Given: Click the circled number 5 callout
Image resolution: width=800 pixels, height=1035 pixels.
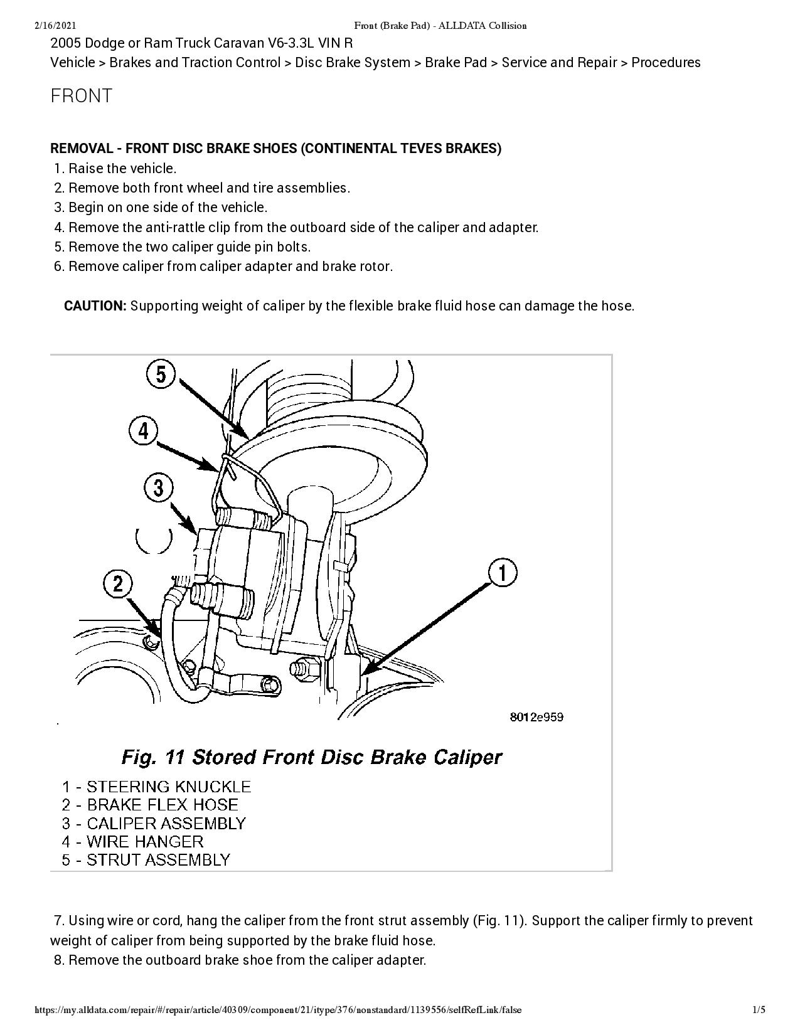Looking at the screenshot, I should pyautogui.click(x=161, y=374).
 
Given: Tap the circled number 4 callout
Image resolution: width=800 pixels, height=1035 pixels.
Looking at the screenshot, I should pyautogui.click(x=144, y=431).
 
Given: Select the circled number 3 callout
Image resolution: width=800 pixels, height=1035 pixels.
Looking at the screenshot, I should pyautogui.click(x=158, y=487).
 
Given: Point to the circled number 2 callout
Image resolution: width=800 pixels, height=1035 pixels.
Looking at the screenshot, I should pyautogui.click(x=118, y=584).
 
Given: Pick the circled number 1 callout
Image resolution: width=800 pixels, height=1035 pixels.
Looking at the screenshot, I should pyautogui.click(x=503, y=573).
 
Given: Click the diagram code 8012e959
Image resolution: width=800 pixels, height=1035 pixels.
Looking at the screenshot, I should pyautogui.click(x=536, y=717).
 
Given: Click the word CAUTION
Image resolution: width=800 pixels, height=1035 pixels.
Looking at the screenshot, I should pyautogui.click(x=95, y=306).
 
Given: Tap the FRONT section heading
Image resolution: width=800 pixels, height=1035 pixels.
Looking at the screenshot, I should pyautogui.click(x=81, y=96).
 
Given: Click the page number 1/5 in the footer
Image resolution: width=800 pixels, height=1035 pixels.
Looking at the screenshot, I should pyautogui.click(x=759, y=1010).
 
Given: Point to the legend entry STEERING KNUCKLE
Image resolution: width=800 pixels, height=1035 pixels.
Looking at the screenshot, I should pyautogui.click(x=168, y=787).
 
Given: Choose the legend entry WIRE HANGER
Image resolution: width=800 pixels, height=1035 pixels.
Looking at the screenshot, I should pyautogui.click(x=145, y=841).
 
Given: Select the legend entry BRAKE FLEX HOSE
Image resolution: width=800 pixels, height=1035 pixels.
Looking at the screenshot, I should pyautogui.click(x=162, y=805).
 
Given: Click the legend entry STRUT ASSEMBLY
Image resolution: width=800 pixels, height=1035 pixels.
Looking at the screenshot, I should pyautogui.click(x=158, y=859).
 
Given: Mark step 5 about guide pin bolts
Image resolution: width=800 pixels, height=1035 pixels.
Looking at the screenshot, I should pyautogui.click(x=189, y=247).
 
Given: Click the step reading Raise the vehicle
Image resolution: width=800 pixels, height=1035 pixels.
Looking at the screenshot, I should pyautogui.click(x=122, y=168).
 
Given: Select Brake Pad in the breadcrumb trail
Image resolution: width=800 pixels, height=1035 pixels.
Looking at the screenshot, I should pyautogui.click(x=456, y=63).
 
